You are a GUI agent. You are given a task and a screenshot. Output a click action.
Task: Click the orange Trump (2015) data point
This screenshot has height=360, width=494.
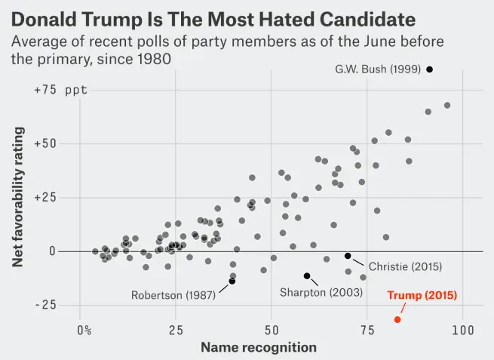click(x=397, y=319)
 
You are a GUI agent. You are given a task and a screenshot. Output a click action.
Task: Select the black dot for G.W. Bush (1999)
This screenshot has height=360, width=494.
click(x=430, y=69)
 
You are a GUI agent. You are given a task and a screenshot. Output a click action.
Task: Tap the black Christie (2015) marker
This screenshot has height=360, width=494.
click(x=348, y=256)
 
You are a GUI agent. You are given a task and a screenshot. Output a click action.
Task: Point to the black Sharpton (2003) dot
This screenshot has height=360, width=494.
click(x=307, y=276)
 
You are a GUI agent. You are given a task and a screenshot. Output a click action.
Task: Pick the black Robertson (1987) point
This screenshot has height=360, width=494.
click(x=232, y=281)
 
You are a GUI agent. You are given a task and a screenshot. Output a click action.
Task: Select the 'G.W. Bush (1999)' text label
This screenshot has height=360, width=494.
click(x=378, y=69)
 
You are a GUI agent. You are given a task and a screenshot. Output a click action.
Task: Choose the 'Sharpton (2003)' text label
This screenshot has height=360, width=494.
click(x=321, y=292)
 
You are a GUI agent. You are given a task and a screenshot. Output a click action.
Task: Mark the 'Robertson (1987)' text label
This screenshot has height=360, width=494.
click(x=173, y=295)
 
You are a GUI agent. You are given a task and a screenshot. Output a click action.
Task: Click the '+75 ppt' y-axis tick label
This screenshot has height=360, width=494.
click(x=60, y=90)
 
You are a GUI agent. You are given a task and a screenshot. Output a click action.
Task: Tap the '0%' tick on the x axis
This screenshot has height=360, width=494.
click(x=84, y=330)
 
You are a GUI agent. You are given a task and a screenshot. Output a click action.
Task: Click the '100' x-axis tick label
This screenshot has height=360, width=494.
click(x=462, y=330)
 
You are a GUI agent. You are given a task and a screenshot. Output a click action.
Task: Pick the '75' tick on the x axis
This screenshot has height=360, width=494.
click(x=367, y=330)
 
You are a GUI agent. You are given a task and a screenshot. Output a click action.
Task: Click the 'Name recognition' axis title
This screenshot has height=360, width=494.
click(x=258, y=347)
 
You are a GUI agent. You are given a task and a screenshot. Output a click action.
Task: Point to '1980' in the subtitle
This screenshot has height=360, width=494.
click(x=148, y=57)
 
